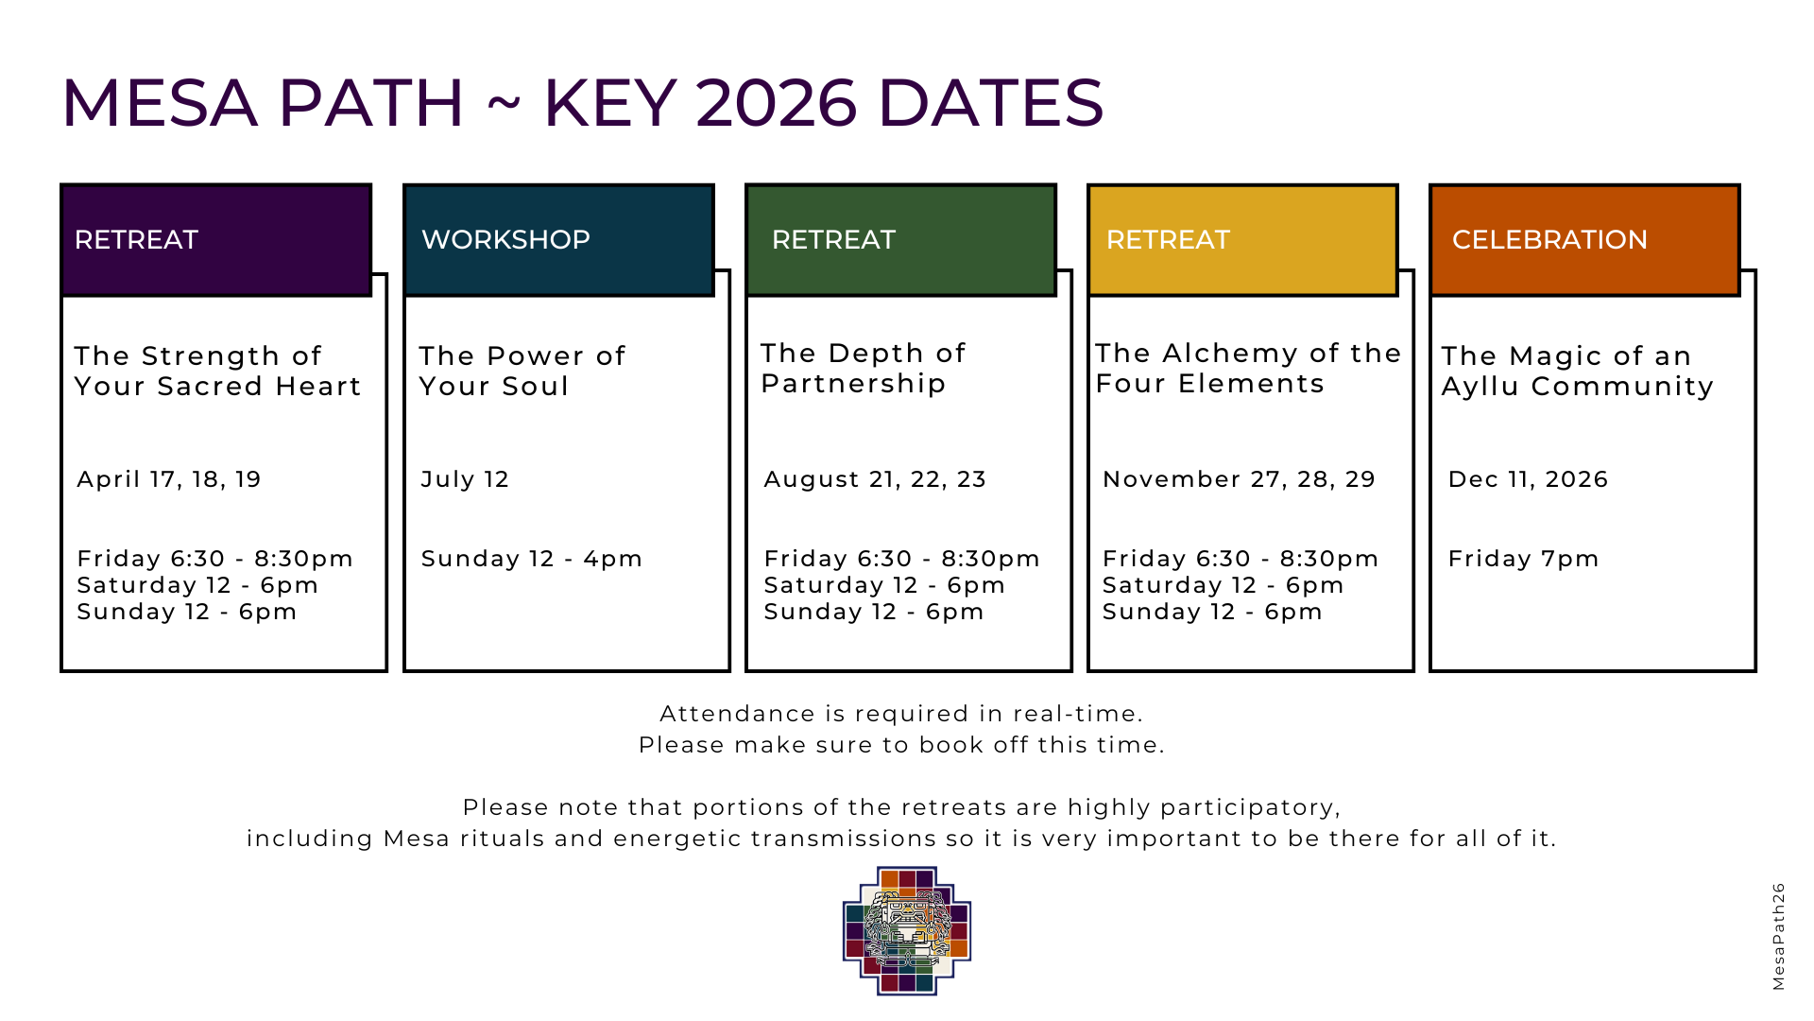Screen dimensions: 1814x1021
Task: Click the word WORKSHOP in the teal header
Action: point(505,240)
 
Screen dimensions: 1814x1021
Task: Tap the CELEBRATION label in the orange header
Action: point(1549,240)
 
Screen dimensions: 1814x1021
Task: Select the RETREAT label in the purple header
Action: point(136,240)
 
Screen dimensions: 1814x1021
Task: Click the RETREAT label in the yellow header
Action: point(1168,240)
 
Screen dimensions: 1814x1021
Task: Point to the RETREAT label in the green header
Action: point(833,240)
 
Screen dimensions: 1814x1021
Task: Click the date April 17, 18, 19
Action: point(169,479)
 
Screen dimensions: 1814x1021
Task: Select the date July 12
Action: point(465,479)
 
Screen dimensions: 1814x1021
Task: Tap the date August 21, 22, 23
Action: point(875,479)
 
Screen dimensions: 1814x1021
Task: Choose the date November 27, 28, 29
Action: point(1239,479)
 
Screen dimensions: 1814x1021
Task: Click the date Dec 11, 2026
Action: point(1528,479)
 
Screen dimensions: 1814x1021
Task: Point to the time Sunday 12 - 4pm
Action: point(532,559)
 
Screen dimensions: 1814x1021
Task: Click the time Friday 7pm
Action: point(1523,559)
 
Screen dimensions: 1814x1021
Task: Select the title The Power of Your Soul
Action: point(522,371)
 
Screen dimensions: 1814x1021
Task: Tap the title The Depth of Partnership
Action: point(864,368)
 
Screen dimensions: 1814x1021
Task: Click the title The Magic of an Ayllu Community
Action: point(1577,371)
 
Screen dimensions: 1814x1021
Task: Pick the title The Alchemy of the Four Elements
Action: point(1248,368)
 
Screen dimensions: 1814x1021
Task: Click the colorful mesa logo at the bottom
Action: point(907,931)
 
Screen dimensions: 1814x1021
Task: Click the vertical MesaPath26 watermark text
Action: point(1778,937)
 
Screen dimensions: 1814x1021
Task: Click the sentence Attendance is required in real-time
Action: point(901,714)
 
